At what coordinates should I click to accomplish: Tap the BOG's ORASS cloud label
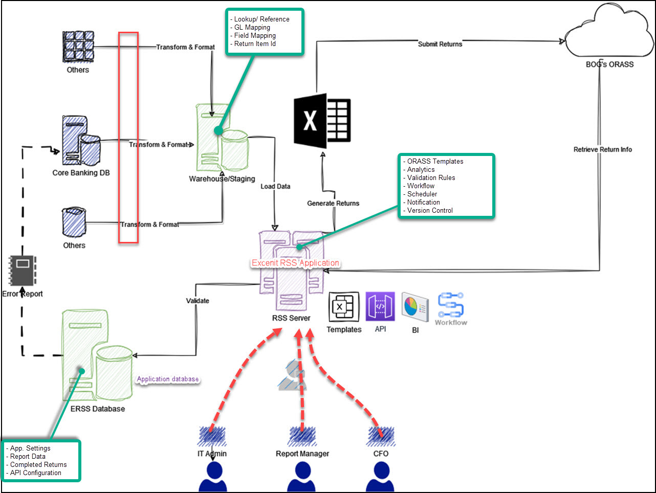tap(609, 64)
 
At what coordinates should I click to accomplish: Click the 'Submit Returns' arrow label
tap(440, 44)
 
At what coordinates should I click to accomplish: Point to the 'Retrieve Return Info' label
tap(602, 149)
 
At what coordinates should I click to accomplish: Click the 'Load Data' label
tap(275, 187)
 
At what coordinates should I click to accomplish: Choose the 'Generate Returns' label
tap(333, 203)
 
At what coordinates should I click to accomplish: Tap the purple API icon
tap(380, 306)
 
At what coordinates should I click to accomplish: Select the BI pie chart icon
tap(415, 307)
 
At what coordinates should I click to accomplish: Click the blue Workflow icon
tap(450, 305)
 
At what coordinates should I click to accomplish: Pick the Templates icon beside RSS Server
tap(343, 307)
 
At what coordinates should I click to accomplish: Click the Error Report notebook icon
tap(23, 271)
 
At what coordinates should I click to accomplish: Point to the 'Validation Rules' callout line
tap(431, 177)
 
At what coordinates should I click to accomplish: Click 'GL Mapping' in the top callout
tap(252, 28)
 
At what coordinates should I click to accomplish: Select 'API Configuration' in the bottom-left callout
tap(35, 473)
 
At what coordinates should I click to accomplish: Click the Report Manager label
tap(302, 454)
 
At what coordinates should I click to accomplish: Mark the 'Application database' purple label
tap(168, 379)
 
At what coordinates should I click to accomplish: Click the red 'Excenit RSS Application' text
tap(295, 263)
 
